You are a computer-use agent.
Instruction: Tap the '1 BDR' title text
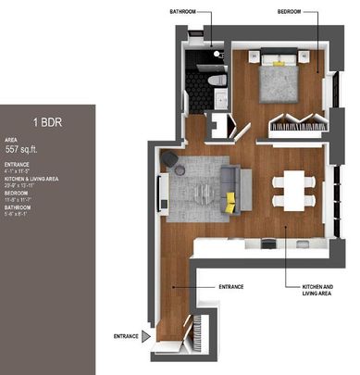pos(47,121)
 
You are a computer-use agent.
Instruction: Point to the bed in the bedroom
pos(279,80)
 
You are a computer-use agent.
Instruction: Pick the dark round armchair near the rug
pos(171,160)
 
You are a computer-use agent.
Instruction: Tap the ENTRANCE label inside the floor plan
pos(231,287)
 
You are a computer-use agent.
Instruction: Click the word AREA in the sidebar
pos(11,139)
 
